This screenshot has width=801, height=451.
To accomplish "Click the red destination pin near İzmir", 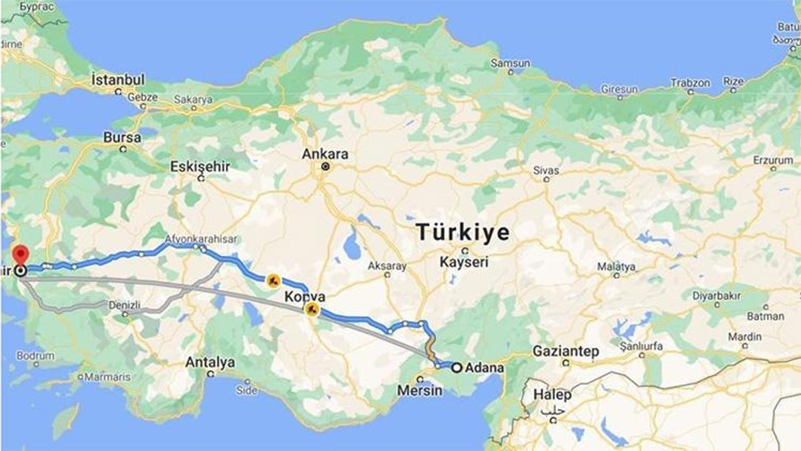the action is (21, 255).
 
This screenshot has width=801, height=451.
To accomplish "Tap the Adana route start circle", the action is (457, 367).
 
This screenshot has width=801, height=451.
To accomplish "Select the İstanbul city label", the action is (118, 80).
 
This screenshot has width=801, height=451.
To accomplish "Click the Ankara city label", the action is (325, 154).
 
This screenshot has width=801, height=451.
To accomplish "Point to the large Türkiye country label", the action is (463, 233).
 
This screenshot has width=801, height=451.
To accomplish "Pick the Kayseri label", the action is (464, 262).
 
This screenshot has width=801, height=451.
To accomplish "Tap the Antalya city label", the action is (210, 362).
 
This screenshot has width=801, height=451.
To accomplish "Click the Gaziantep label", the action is (565, 351).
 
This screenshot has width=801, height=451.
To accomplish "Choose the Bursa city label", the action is (122, 138).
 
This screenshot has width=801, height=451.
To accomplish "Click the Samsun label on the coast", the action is (510, 63).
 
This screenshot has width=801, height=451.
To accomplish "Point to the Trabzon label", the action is (690, 83).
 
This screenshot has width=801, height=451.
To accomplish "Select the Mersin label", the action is (419, 390).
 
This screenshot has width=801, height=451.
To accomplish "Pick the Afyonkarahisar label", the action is (200, 239).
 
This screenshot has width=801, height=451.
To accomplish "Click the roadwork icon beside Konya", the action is (311, 309).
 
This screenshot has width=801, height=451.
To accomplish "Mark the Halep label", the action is (552, 395).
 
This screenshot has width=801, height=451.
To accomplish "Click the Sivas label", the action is (545, 170).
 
